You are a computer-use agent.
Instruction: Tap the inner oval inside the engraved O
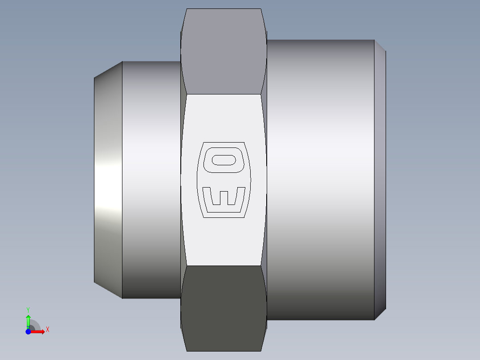(224, 160)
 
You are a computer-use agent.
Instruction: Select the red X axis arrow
(39, 331)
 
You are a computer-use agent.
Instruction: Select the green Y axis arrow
(28, 320)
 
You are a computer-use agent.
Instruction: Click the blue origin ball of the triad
(28, 331)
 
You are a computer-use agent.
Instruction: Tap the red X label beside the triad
(47, 330)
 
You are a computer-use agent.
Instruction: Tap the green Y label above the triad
(28, 309)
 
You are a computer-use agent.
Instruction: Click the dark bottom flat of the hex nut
(224, 307)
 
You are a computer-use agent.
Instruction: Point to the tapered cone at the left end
(108, 180)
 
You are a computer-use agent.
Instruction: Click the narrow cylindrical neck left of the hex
(151, 180)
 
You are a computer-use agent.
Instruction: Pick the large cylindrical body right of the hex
(321, 180)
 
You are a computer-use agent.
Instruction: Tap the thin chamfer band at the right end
(380, 180)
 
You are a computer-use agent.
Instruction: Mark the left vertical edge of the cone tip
(94, 180)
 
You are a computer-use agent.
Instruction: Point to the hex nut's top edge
(224, 9)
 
